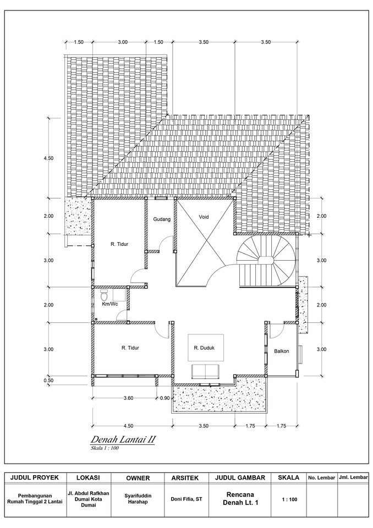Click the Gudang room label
[162, 219]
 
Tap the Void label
[204, 217]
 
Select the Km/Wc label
[109, 304]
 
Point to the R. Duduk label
[204, 348]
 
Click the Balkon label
[281, 350]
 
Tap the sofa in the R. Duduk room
[204, 371]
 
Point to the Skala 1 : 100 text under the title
[105, 448]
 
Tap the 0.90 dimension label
[164, 398]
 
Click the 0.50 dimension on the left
[48, 380]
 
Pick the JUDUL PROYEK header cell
[35, 477]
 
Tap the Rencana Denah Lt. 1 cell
[239, 499]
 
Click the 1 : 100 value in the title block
[289, 499]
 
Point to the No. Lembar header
[321, 478]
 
